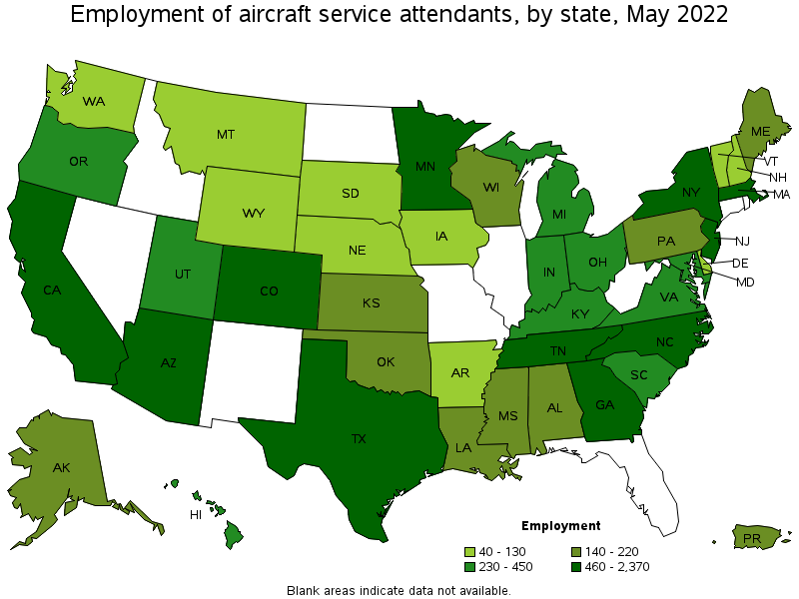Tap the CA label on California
click(54, 290)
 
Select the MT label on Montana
click(226, 134)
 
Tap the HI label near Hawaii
click(197, 515)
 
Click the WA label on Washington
click(94, 101)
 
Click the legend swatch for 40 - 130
click(469, 552)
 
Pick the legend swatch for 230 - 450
click(469, 567)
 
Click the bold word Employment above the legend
click(560, 525)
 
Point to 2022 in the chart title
click(697, 15)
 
